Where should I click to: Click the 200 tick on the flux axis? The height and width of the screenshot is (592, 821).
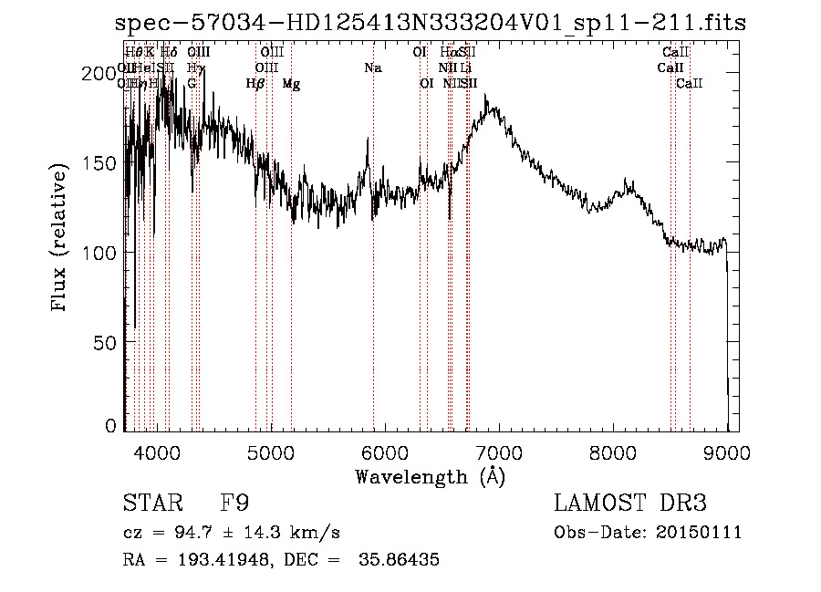pos(107,73)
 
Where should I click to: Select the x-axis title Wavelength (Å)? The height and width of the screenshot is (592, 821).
pos(430,476)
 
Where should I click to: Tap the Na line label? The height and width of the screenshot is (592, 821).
pos(372,68)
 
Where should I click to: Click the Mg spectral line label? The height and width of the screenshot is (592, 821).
pos(291,84)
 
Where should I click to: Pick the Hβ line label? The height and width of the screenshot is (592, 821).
pos(255,84)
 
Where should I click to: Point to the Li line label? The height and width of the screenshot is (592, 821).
pos(466,68)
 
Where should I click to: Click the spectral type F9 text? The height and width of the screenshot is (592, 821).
pos(235,504)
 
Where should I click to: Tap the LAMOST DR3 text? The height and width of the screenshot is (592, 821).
pos(630,504)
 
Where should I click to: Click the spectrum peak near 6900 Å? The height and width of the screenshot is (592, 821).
pos(494,95)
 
